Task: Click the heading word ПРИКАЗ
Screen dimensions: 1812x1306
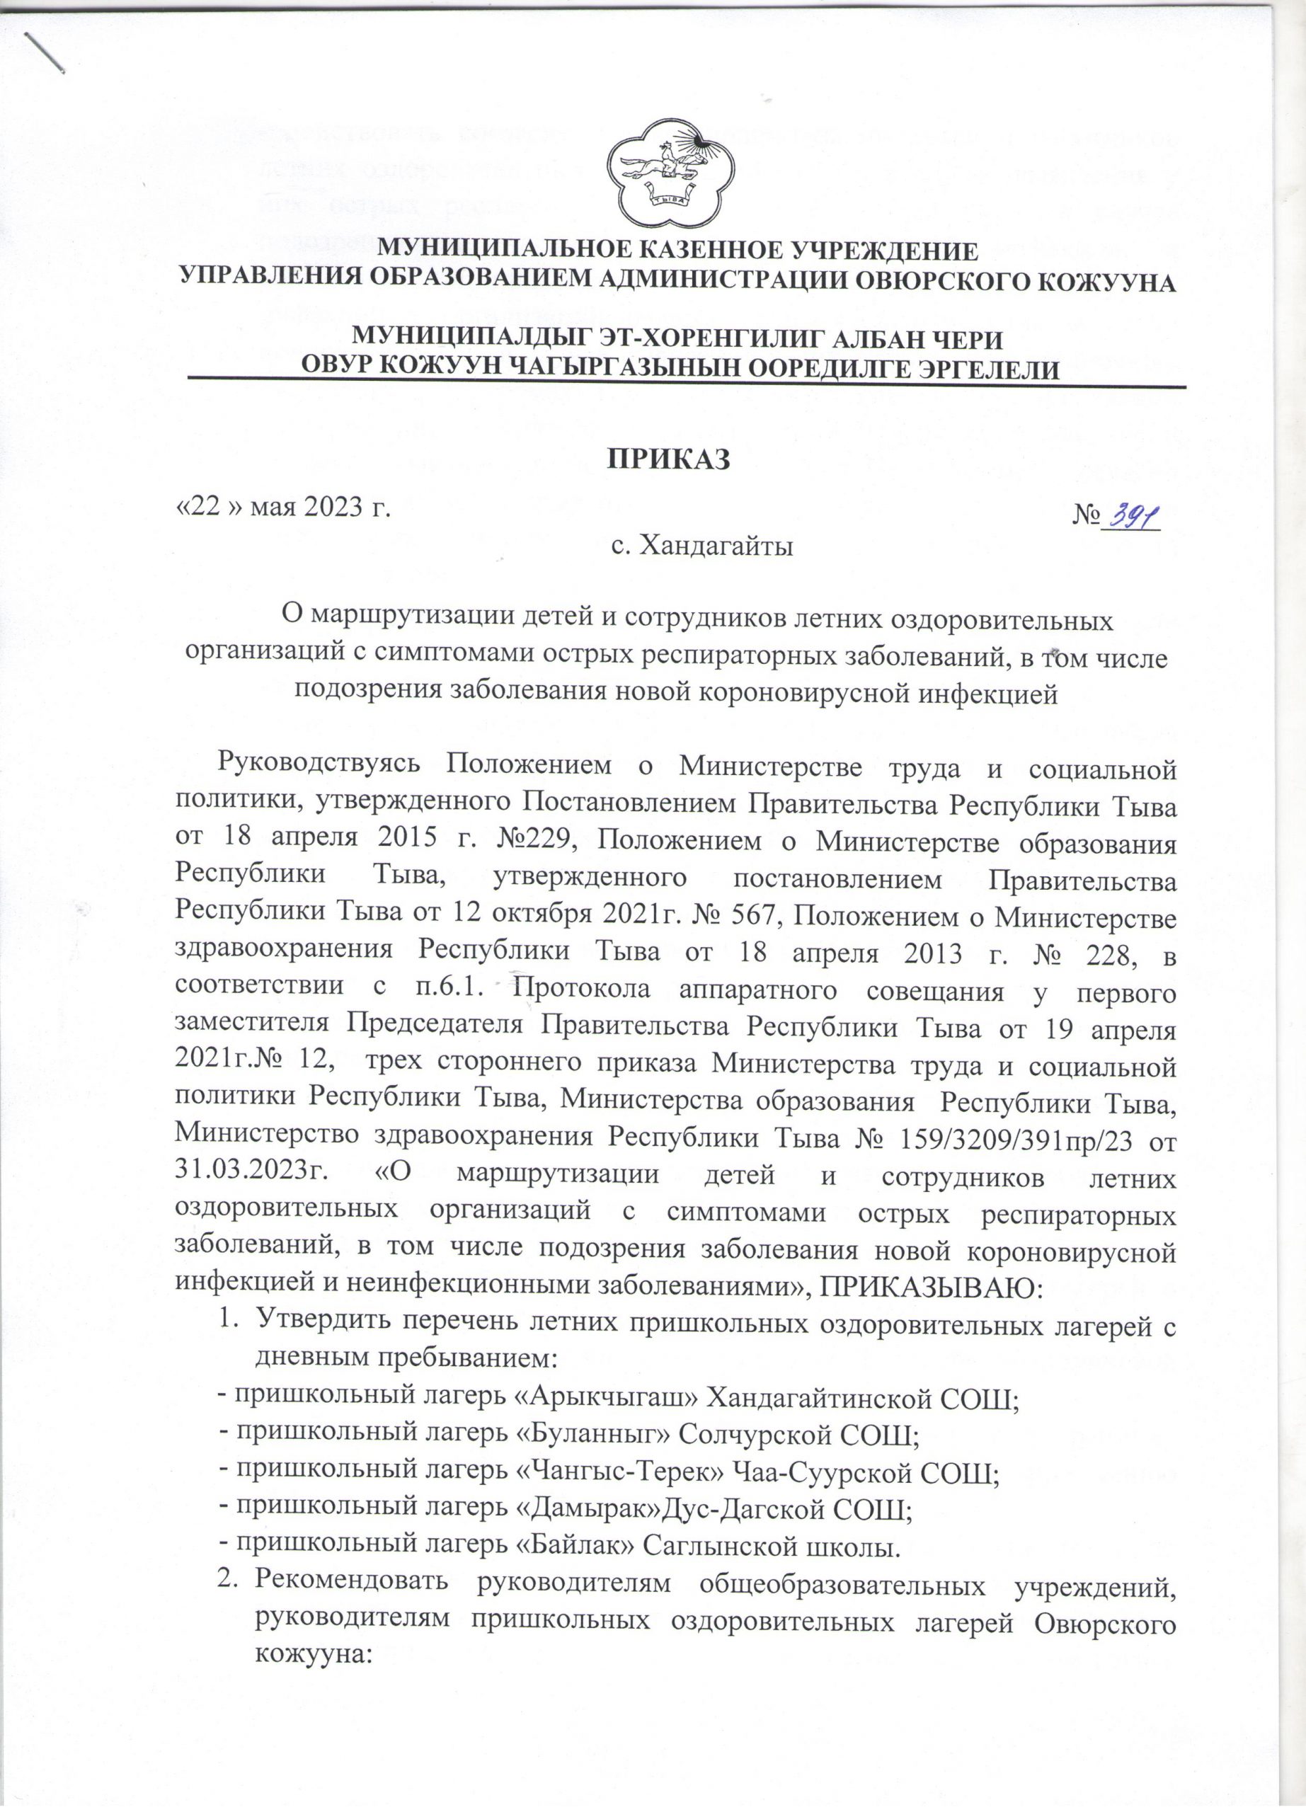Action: pyautogui.click(x=670, y=460)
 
